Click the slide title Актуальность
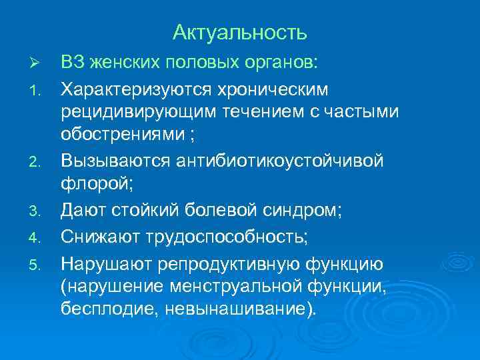(240, 32)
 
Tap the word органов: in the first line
(279, 63)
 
